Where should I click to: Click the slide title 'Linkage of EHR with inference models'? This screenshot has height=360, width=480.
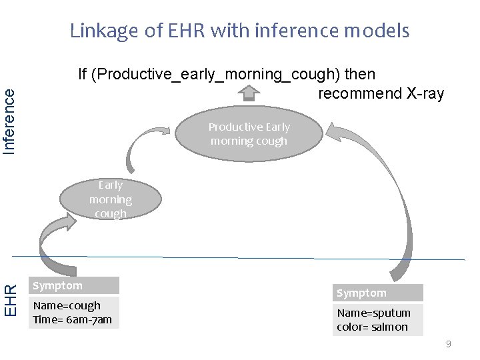240,31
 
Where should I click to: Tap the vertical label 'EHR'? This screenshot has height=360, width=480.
10,301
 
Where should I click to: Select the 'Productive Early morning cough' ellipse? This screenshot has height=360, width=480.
249,134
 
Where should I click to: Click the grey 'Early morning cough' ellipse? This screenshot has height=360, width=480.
111,199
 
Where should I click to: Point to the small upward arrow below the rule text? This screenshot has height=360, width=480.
249,95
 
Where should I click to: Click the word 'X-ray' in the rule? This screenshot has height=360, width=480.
425,93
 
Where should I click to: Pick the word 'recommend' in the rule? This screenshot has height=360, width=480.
360,93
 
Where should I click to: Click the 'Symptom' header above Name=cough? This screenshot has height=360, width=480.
74,286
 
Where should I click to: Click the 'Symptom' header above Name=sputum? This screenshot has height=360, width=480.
378,293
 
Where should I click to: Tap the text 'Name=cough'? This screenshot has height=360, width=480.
67,305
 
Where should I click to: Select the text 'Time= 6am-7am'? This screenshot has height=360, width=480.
72,320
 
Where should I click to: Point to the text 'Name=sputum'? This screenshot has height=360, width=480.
373,313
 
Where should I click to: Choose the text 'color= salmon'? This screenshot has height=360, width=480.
372,327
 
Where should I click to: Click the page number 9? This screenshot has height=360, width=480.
448,344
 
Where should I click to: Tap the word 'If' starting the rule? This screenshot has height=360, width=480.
83,74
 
